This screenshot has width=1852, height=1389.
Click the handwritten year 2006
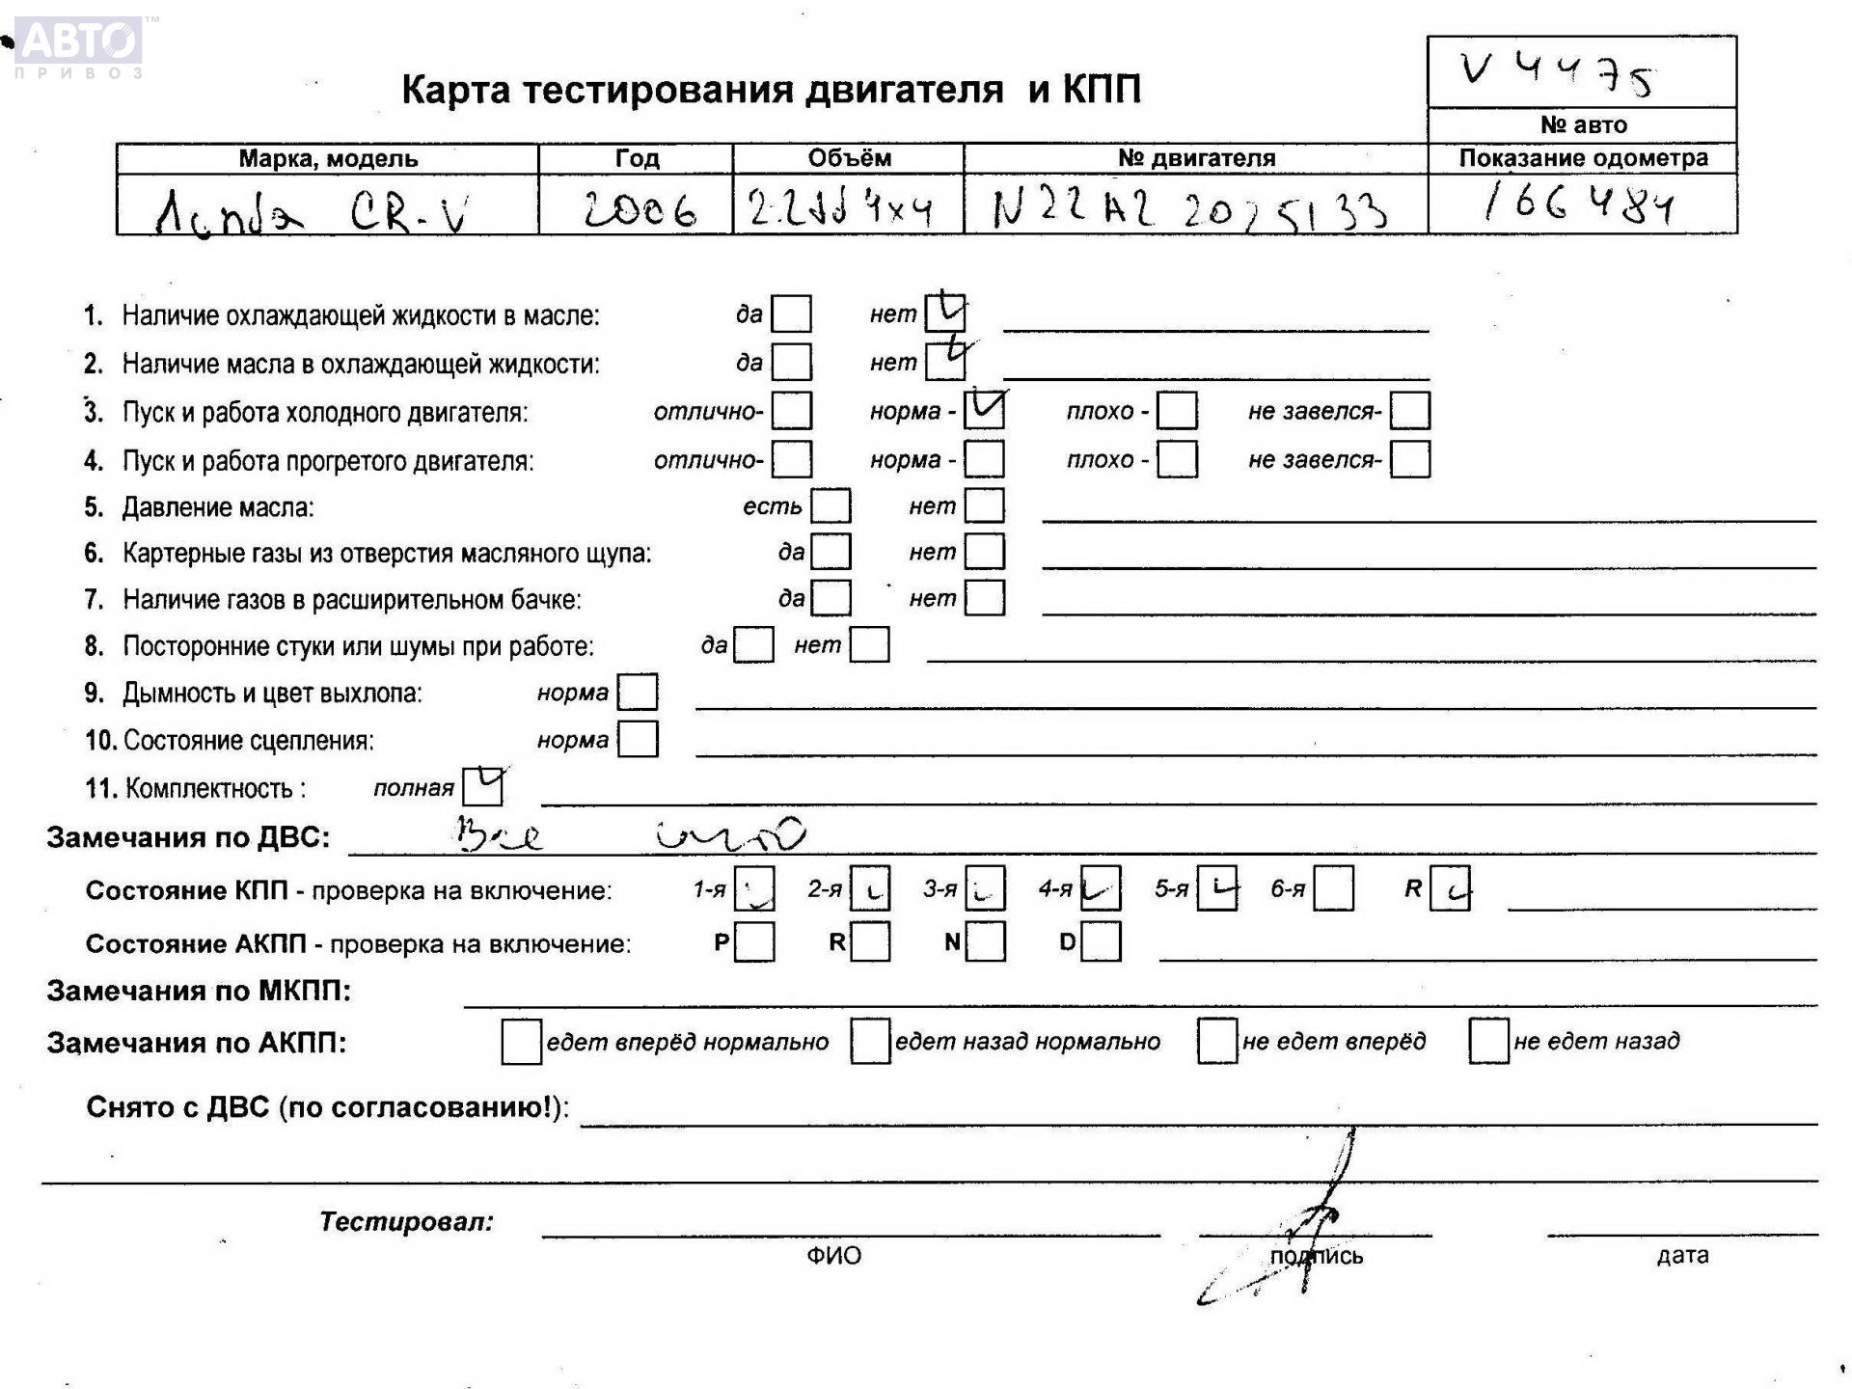640,208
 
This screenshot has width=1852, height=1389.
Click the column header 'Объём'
849,158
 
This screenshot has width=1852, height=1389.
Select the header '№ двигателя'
1196,158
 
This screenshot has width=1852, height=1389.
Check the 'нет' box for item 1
944,313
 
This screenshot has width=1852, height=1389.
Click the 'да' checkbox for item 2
792,363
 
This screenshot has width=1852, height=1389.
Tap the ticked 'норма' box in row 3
984,410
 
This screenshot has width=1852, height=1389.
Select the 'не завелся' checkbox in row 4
1409,459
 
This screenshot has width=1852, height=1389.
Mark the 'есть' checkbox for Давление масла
831,505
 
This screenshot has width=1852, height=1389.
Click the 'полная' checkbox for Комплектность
482,787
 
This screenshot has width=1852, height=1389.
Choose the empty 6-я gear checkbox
1333,888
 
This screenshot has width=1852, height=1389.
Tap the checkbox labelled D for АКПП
1101,942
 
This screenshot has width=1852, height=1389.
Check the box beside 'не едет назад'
1488,1042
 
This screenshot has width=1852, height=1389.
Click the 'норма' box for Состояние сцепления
638,740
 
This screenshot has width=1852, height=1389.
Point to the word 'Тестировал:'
406,1222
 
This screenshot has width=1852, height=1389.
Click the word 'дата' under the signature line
1682,1255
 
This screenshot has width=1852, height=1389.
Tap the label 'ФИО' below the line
834,1255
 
